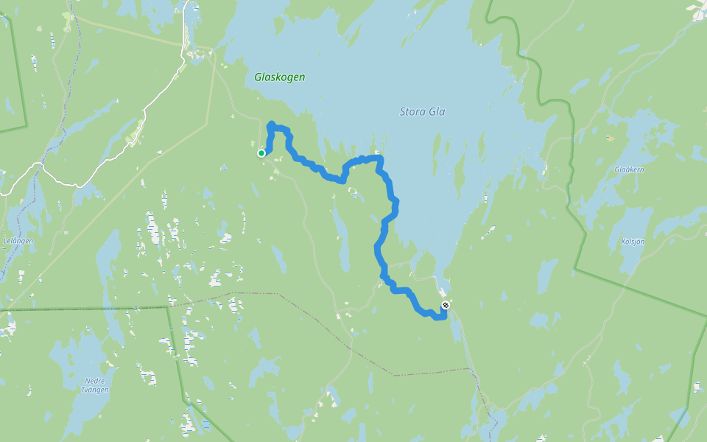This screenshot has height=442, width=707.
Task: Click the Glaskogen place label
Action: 279,77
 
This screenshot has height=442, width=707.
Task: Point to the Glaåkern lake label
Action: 629,169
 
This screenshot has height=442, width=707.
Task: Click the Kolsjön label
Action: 633,242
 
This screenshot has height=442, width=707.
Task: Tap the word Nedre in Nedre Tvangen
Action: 95,381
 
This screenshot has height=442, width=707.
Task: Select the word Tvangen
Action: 95,390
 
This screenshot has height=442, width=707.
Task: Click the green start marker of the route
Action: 261,153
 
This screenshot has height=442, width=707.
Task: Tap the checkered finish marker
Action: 445,305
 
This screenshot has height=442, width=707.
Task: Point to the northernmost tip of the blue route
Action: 272,124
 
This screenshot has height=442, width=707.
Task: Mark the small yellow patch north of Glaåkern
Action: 610,138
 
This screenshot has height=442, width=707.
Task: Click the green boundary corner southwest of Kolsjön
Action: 577,268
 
